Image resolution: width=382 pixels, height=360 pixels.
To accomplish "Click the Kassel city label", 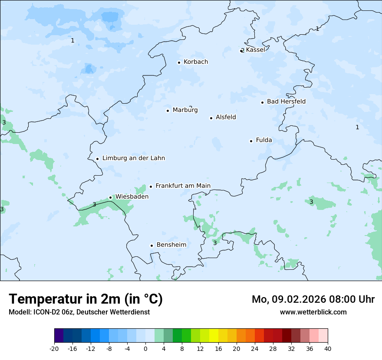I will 255,50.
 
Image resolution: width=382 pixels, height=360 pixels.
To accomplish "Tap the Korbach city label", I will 196,62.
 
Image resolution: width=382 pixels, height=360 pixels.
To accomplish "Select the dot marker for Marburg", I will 168,111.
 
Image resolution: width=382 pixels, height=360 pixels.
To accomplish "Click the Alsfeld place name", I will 226,117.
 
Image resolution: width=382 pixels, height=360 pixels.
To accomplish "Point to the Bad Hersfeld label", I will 286,102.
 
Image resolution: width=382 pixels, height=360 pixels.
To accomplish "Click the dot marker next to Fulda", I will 251,141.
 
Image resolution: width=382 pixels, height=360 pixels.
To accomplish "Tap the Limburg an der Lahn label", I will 133,158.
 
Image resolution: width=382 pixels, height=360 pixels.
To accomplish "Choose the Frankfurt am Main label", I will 183,186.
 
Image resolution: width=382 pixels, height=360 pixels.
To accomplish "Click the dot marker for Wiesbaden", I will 110,197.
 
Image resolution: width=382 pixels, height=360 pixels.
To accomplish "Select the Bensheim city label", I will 171,245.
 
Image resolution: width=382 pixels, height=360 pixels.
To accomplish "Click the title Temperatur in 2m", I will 86,299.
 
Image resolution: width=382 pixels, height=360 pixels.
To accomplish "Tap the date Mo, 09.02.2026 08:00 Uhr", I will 313,299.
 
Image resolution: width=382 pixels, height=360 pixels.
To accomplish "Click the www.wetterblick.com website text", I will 313,312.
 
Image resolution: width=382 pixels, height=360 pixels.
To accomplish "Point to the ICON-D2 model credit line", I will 79,312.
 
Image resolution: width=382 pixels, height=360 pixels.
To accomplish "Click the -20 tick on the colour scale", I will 54,349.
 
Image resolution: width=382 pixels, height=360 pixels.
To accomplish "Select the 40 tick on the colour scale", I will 328,349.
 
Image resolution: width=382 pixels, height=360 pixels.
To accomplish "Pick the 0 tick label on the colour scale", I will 145,349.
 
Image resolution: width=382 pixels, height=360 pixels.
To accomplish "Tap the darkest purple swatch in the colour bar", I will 59,336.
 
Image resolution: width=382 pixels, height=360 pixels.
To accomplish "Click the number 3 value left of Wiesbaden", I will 94,204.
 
